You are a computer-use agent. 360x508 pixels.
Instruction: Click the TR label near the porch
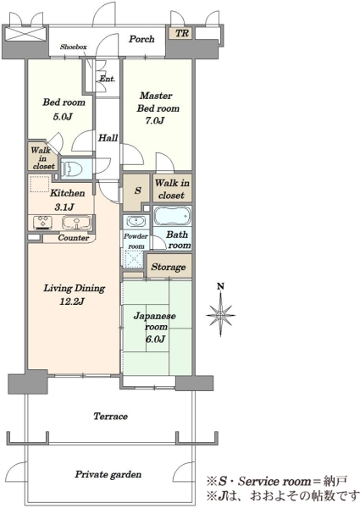tap(182, 33)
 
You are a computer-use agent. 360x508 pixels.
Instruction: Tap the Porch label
tap(141, 39)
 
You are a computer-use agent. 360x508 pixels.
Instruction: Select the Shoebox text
tap(73, 47)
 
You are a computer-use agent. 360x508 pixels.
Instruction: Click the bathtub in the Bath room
tap(172, 216)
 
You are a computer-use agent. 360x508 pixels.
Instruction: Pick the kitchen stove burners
tap(42, 222)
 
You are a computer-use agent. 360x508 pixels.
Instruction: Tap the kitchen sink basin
tap(76, 223)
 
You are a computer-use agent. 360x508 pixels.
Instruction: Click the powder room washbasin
tap(136, 222)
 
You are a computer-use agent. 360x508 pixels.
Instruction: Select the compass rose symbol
tap(221, 315)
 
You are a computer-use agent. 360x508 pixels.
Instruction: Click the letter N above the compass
tap(221, 286)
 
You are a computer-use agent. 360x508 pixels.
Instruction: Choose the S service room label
tap(138, 190)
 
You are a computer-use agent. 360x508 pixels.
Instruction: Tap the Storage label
tap(169, 267)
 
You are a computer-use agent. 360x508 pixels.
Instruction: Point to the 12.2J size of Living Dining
tap(72, 301)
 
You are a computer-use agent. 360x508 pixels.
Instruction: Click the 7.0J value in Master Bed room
tap(154, 120)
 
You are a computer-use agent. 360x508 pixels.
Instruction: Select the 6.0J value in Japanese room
tap(156, 340)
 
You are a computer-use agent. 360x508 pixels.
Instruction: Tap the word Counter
tap(73, 238)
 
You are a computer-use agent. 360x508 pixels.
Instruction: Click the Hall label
tap(108, 138)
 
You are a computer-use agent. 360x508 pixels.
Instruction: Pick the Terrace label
tap(110, 416)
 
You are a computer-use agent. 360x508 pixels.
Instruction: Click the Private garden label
tap(108, 475)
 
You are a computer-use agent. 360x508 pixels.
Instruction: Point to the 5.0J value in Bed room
tap(62, 117)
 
